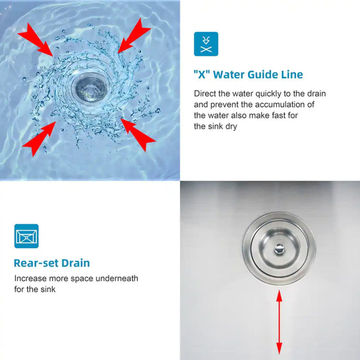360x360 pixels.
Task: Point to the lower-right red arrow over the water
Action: [x=138, y=135]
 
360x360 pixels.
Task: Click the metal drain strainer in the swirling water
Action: [x=89, y=88]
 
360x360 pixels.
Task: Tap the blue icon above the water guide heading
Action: [x=206, y=44]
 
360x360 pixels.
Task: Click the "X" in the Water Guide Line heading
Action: [x=202, y=75]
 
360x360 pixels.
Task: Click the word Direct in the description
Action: [x=205, y=94]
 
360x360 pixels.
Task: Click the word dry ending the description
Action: [x=231, y=127]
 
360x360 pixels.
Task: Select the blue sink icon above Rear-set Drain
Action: [x=26, y=236]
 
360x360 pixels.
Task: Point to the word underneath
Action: [x=117, y=279]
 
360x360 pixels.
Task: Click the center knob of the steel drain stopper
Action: [x=279, y=248]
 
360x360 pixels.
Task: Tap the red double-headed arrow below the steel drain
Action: [x=279, y=322]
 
